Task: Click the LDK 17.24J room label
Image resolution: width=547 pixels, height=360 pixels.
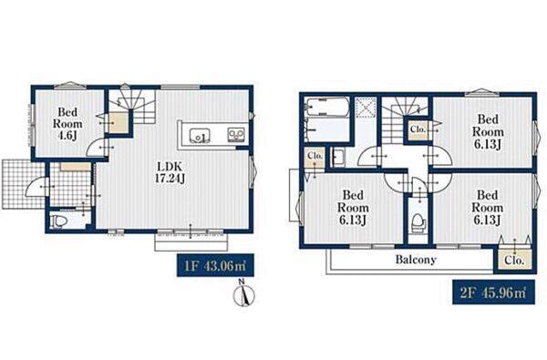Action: point(170,172)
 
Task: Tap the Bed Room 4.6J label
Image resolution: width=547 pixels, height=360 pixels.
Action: point(67,123)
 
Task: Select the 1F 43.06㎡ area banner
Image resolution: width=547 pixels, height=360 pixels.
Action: point(215,265)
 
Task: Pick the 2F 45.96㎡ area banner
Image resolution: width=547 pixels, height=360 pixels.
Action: point(493,292)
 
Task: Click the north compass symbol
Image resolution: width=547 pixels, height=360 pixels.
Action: point(243,294)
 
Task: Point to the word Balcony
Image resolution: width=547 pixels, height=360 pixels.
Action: point(416,260)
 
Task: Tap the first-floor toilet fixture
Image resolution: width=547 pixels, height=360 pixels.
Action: point(58,221)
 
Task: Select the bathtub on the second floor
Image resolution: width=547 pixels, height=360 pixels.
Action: point(327,108)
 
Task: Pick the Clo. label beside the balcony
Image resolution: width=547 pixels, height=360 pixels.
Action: point(514,261)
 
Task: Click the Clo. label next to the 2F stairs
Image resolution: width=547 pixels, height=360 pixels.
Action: point(418,129)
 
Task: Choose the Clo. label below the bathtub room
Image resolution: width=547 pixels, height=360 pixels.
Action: point(315,156)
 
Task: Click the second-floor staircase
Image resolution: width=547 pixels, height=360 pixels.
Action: point(405,120)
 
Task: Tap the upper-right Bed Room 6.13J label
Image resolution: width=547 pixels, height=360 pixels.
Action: point(488,131)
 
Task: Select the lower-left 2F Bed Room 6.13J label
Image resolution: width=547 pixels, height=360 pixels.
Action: point(353,207)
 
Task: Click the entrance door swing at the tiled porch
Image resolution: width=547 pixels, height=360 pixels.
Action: point(36,188)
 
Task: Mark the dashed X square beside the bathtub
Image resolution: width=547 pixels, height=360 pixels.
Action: point(366,108)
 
